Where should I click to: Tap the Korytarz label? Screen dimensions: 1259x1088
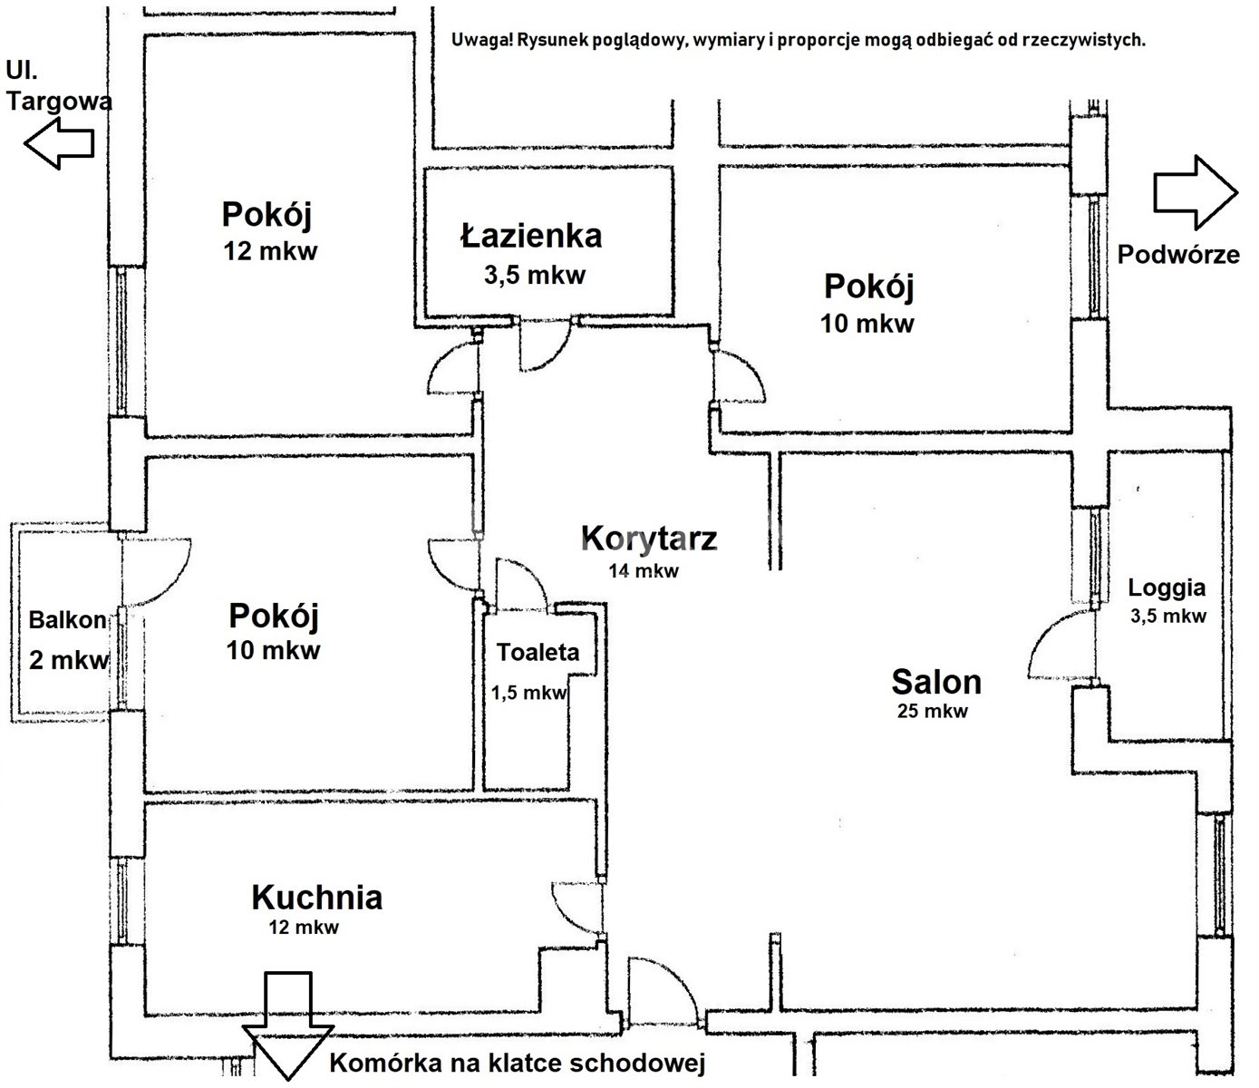[649, 539]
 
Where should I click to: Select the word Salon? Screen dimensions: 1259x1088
[936, 682]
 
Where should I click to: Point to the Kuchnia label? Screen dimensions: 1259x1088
[316, 898]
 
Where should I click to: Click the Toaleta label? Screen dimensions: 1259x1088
[537, 653]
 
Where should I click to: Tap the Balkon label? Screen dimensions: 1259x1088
[68, 620]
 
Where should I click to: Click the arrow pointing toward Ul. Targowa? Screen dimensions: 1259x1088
[59, 143]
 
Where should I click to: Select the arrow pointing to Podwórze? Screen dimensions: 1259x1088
[1196, 192]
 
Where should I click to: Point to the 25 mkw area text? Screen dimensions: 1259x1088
[933, 711]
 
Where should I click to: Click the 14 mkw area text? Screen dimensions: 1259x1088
[644, 571]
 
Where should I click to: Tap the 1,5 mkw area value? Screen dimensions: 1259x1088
[529, 693]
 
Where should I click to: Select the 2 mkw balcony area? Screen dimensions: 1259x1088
[69, 660]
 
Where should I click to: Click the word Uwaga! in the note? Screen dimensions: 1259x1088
[479, 41]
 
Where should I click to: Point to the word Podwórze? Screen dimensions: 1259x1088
[1178, 254]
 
